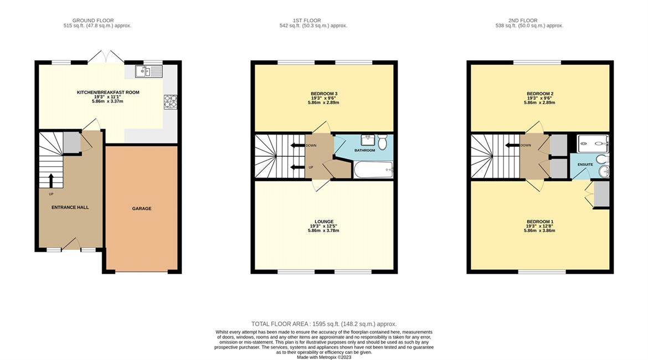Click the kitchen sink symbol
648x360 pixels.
click(x=149, y=71)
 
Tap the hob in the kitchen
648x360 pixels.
click(x=170, y=102)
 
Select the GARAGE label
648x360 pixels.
click(x=142, y=209)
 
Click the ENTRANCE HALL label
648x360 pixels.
click(x=70, y=208)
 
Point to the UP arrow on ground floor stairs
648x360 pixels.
click(x=52, y=181)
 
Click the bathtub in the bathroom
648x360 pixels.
click(x=373, y=170)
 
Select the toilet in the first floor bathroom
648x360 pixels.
click(x=382, y=142)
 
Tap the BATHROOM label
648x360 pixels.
click(x=365, y=151)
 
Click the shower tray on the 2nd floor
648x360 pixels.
click(x=593, y=144)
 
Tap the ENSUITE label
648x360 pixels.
click(x=585, y=164)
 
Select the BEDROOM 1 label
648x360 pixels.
click(x=540, y=222)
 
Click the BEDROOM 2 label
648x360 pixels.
click(x=540, y=94)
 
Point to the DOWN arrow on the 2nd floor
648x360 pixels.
click(x=512, y=145)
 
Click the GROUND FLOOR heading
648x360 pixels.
click(x=93, y=20)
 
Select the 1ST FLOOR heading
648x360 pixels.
click(x=307, y=20)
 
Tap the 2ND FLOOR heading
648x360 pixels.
click(x=523, y=20)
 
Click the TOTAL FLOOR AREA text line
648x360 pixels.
click(x=324, y=324)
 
